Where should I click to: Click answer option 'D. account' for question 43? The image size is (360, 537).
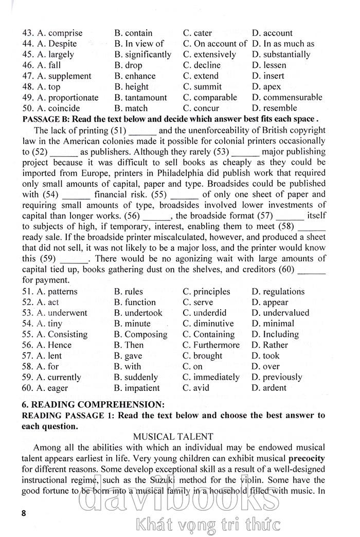[x=272, y=33]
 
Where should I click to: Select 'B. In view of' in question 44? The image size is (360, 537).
[x=139, y=44]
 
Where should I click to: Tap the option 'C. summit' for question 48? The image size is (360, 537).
[x=203, y=87]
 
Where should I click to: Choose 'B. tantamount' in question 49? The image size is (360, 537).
[x=140, y=98]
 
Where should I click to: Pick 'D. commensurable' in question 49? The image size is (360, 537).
[x=287, y=98]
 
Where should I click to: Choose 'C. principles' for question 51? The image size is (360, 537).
[x=206, y=292]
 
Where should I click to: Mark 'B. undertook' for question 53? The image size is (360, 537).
[x=138, y=313]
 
